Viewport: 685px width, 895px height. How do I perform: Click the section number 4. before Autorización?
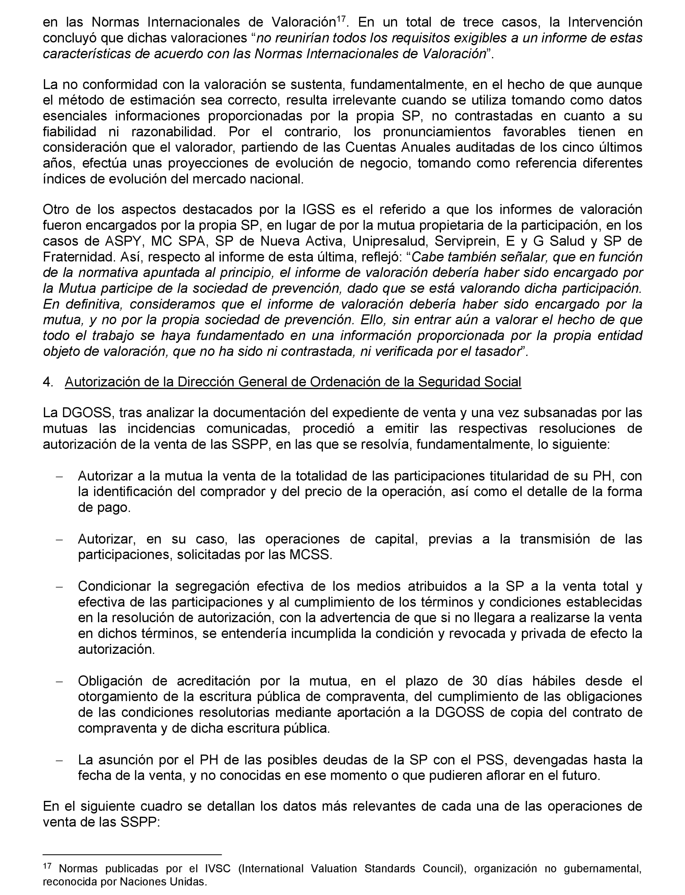tap(48, 382)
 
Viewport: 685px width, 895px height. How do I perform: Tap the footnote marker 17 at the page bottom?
tap(47, 866)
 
